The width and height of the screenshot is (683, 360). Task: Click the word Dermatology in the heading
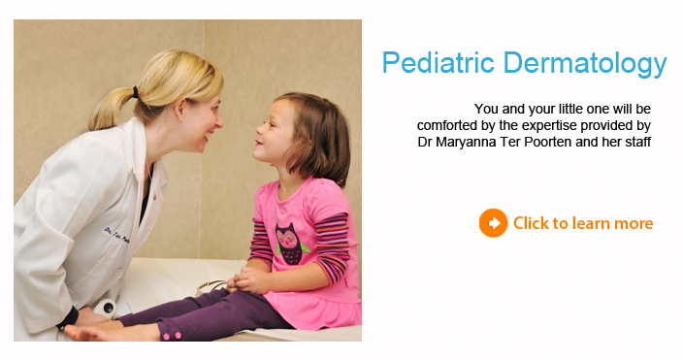point(584,64)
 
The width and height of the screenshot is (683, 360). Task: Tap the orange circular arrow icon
point(493,223)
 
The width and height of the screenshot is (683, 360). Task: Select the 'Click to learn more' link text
point(583,224)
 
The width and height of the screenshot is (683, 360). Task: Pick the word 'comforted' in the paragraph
point(448,125)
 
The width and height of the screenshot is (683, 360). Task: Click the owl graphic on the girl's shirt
point(290,242)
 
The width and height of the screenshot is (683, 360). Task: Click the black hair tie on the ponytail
point(137,93)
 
